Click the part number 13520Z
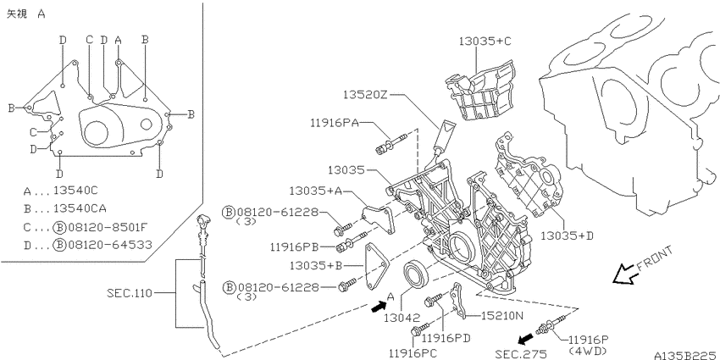tap(366, 95)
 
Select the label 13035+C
tap(485, 41)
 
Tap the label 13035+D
tap(567, 236)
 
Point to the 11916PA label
tap(334, 123)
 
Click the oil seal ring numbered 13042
tap(417, 275)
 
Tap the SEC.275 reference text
tap(521, 353)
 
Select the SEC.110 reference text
tap(130, 292)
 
